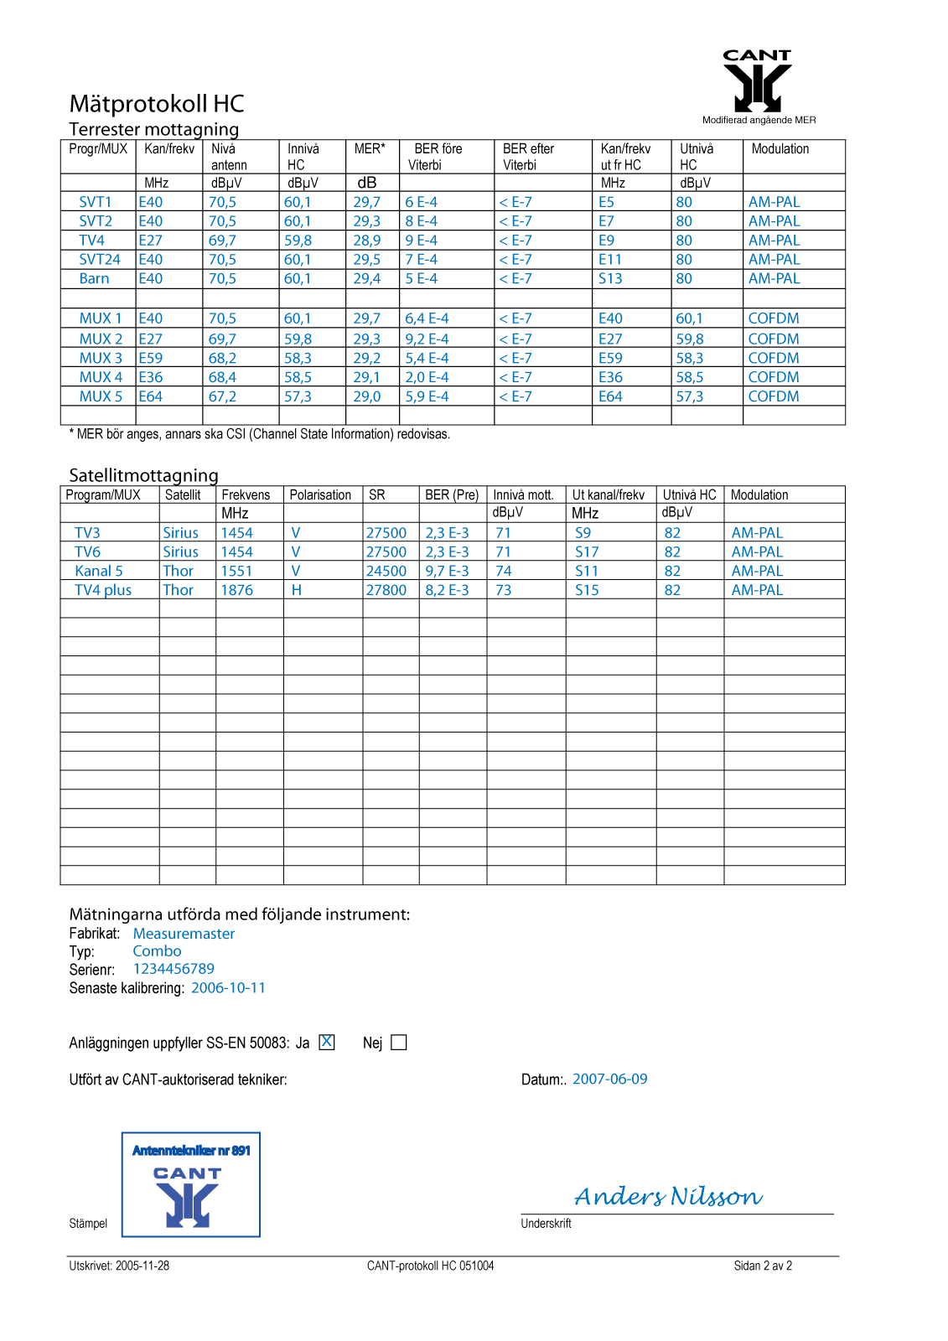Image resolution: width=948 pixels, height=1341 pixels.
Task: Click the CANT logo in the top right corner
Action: pyautogui.click(x=757, y=81)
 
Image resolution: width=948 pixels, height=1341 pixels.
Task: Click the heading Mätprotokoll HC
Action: pyautogui.click(x=157, y=104)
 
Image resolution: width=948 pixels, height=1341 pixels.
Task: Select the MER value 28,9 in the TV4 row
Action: pyautogui.click(x=366, y=241)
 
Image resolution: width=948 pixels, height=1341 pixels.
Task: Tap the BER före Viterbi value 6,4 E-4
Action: pyautogui.click(x=427, y=318)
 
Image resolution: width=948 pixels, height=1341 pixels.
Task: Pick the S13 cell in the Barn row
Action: pyautogui.click(x=610, y=279)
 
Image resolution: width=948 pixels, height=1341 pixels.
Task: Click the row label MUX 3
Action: pyautogui.click(x=101, y=358)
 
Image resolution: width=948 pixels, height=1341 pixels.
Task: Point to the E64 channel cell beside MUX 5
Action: pyautogui.click(x=151, y=396)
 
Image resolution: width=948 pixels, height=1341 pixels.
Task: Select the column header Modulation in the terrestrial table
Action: pyautogui.click(x=780, y=149)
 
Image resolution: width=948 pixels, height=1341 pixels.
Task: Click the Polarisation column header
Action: pyautogui.click(x=320, y=495)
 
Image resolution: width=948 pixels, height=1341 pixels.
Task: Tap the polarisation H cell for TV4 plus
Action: pyautogui.click(x=296, y=590)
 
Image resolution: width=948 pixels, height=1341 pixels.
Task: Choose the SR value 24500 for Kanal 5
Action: pyautogui.click(x=386, y=571)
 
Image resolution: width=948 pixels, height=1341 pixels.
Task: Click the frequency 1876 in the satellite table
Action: pyautogui.click(x=236, y=590)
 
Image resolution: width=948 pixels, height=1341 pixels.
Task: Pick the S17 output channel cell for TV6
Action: pyautogui.click(x=587, y=552)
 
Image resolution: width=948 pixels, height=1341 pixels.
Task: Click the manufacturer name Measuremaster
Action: pyautogui.click(x=184, y=934)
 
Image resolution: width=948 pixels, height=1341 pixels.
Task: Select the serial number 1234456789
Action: pyautogui.click(x=174, y=969)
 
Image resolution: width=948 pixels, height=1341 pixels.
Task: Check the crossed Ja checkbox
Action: pyautogui.click(x=327, y=1042)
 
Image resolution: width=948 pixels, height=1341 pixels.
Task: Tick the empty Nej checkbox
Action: pyautogui.click(x=399, y=1043)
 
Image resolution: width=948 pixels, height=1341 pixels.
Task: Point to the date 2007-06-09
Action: pyautogui.click(x=609, y=1080)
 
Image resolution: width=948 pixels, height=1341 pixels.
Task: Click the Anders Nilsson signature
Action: pyautogui.click(x=668, y=1196)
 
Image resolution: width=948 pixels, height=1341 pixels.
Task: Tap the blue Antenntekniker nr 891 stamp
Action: pyautogui.click(x=191, y=1184)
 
